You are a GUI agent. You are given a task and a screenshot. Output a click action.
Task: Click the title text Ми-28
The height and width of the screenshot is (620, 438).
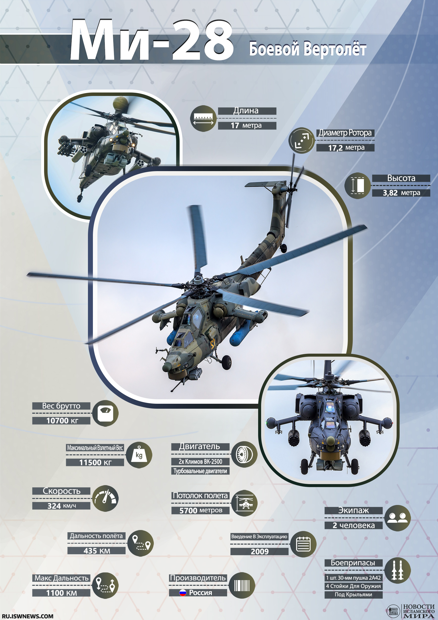coord(152,40)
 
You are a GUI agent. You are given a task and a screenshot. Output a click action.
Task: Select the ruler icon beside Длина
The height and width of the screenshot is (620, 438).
coord(204,118)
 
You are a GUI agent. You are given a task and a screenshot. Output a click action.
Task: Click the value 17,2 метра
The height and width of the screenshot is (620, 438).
coord(346,148)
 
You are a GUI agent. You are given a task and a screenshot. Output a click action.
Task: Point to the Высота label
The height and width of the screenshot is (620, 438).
coord(401,178)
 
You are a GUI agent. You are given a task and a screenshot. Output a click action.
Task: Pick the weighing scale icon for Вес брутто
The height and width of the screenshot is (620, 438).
coord(105,413)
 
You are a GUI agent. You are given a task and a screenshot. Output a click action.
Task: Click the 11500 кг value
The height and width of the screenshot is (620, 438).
coord(95,463)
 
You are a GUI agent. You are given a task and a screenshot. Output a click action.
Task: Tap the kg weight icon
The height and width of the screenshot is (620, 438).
coord(139,455)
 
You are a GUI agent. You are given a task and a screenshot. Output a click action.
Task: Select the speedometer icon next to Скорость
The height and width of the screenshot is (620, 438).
coord(105,498)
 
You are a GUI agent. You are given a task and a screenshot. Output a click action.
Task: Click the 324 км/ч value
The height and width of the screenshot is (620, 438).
coord(62,506)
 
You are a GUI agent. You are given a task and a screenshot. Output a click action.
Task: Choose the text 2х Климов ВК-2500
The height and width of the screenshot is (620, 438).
coord(200,462)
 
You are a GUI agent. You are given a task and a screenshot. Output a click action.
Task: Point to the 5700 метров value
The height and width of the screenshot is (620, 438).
coord(201,510)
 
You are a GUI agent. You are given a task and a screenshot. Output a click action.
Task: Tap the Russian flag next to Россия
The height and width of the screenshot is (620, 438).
coord(183,593)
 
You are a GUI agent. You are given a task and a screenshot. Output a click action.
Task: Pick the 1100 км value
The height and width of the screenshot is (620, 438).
coord(61,593)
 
